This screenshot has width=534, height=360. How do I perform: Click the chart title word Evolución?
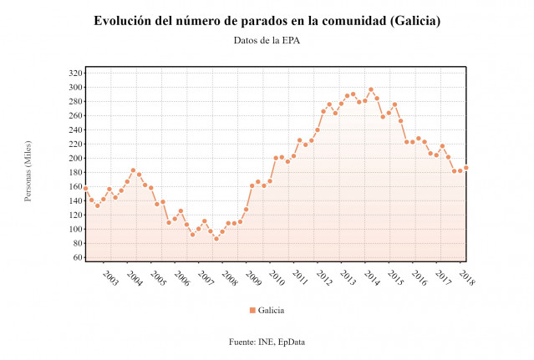(125, 21)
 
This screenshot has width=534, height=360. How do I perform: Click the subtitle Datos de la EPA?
(267, 40)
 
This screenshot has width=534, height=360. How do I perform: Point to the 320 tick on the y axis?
(74, 74)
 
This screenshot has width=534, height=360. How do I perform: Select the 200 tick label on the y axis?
(74, 159)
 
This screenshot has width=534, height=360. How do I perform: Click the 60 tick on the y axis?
(76, 258)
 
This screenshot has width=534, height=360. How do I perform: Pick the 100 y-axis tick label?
(74, 230)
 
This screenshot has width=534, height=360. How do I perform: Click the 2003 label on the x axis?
(110, 278)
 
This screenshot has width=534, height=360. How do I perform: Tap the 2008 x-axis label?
(229, 278)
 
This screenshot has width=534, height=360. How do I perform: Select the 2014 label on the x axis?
(371, 278)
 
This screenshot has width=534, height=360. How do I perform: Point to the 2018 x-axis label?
(466, 278)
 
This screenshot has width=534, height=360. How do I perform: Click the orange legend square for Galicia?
(252, 311)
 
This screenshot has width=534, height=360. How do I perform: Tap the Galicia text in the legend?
(271, 311)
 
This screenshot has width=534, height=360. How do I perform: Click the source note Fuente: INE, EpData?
(267, 342)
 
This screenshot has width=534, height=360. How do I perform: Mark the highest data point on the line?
(371, 89)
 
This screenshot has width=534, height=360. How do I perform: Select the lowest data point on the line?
(216, 239)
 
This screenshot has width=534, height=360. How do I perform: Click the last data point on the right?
(466, 168)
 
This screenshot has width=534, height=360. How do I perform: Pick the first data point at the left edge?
(85, 188)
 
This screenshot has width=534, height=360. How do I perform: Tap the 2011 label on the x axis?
(300, 278)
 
